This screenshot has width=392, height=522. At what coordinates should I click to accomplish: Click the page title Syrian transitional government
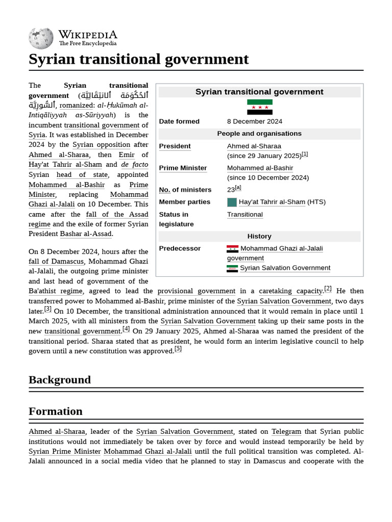click(x=138, y=59)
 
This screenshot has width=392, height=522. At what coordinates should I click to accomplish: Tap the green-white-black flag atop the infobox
click(x=259, y=107)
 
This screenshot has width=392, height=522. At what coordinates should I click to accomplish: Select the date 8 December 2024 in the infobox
click(x=254, y=121)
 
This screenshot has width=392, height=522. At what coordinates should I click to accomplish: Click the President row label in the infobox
click(x=175, y=146)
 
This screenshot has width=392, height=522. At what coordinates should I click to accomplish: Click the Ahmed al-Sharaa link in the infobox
click(x=254, y=146)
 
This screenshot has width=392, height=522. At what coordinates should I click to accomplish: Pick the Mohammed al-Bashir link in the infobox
click(x=260, y=168)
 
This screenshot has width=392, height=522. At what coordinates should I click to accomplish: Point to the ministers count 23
click(x=231, y=190)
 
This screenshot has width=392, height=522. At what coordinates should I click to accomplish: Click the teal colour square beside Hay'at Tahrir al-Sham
click(x=232, y=202)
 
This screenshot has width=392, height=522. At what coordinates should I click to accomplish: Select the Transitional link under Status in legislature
click(x=244, y=215)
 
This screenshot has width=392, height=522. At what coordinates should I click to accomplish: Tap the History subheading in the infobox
click(x=259, y=237)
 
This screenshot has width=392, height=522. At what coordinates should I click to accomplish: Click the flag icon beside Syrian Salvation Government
click(x=232, y=268)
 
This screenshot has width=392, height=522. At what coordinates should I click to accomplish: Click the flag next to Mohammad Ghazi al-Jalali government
click(x=232, y=249)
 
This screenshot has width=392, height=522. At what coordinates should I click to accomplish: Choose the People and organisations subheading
click(x=259, y=134)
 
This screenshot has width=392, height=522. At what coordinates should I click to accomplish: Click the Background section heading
click(x=60, y=380)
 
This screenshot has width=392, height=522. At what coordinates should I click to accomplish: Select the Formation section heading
click(x=56, y=411)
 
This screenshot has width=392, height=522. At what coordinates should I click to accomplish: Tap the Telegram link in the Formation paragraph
click(x=286, y=432)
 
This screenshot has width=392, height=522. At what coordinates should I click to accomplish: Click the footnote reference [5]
click(x=178, y=349)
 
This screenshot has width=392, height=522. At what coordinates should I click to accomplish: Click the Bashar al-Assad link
click(x=86, y=234)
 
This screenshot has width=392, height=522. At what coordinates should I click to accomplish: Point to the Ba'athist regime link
click(x=55, y=291)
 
